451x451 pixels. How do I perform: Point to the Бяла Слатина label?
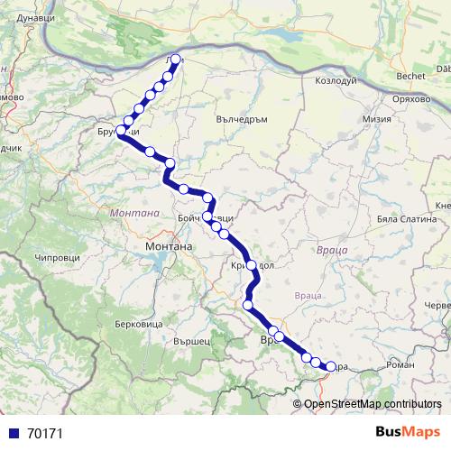(x=400, y=220)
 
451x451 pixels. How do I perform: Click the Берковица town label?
(x=139, y=323)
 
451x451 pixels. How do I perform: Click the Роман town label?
(x=400, y=364)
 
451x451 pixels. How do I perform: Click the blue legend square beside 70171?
(x=14, y=433)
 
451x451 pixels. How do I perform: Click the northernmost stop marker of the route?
(x=175, y=60)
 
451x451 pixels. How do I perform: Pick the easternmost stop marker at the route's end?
(x=329, y=367)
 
